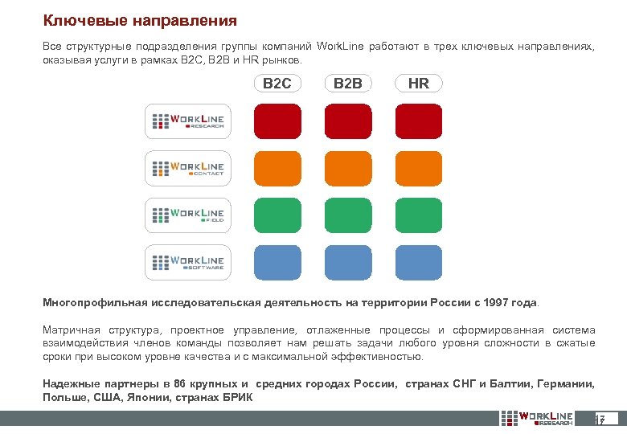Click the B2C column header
277,84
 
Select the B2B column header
348,84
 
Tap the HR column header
419,84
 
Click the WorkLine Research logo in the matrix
188,122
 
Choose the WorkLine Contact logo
188,169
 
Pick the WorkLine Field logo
188,215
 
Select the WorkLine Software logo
188,262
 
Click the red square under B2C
277,121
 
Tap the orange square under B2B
348,168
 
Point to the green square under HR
419,215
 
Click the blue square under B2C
277,262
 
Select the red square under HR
419,121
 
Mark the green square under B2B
348,215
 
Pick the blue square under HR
419,262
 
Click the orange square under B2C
277,168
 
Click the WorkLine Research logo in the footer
538,419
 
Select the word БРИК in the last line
235,397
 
